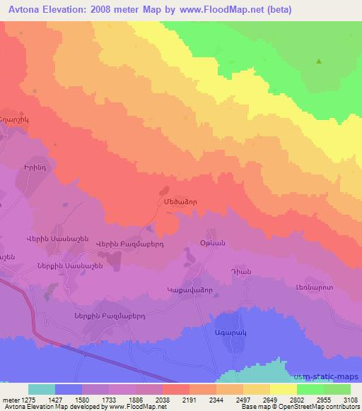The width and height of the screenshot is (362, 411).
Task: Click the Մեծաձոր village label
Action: (175, 201)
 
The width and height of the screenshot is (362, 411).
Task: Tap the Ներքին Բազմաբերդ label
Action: (104, 316)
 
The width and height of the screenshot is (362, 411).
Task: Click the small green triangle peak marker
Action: (319, 61)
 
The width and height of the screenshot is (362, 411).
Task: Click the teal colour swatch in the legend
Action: (42, 389)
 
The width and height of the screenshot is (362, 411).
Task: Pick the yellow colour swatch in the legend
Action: (283, 389)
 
